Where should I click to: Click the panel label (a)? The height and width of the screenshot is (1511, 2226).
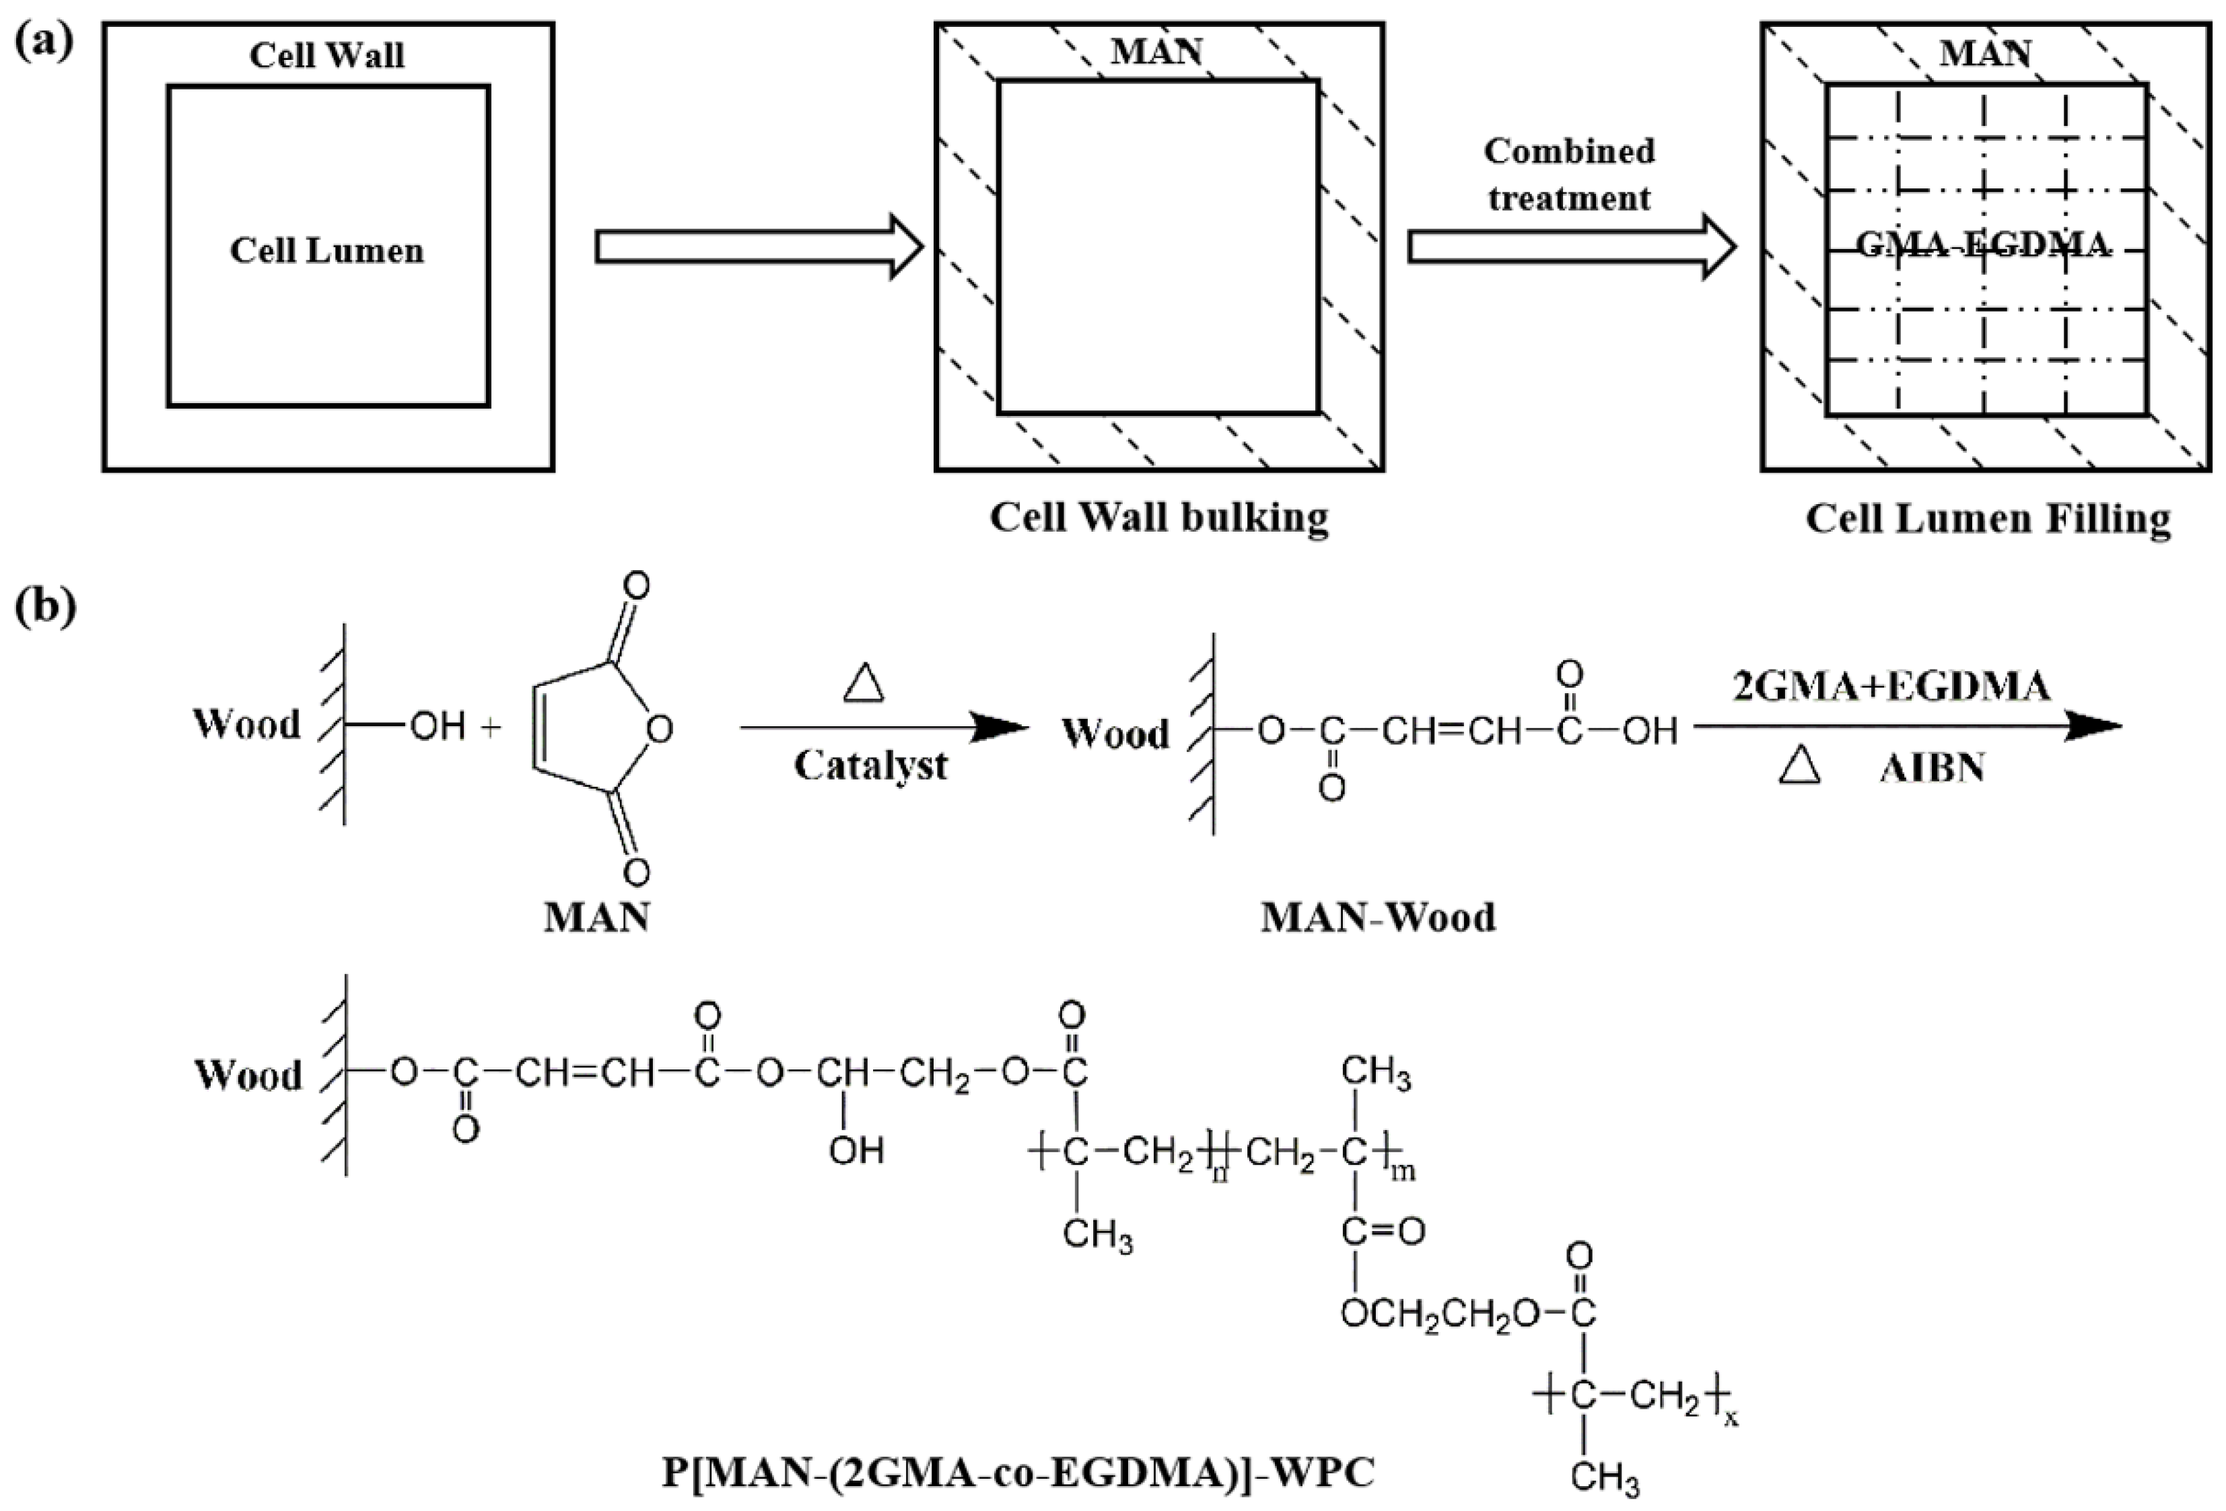pos(44,44)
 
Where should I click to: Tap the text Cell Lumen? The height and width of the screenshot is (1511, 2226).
pos(326,251)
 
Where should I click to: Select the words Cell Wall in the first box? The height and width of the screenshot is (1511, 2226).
pos(326,56)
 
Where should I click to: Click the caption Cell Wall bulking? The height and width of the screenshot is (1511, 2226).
pos(1159,518)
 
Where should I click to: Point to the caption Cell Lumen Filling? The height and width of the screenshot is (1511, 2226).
pos(1988,519)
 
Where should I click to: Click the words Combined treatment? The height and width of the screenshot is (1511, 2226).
pos(1569,174)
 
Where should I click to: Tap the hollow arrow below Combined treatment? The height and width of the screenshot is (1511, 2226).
pos(1571,247)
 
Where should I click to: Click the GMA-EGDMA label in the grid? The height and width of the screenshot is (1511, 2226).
pos(1983,246)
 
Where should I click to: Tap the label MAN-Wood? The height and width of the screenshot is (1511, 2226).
pos(1377,917)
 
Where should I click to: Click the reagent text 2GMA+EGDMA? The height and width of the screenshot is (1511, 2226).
pos(1891,686)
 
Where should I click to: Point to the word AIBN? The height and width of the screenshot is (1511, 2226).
pos(1932,769)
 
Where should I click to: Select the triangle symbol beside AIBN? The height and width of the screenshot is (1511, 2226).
pos(1799,766)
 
